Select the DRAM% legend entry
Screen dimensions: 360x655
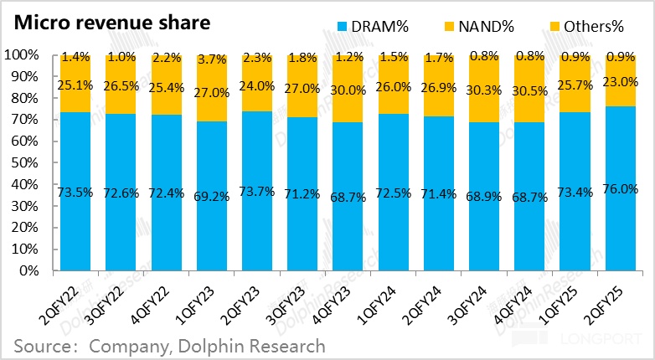pyautogui.click(x=373, y=28)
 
